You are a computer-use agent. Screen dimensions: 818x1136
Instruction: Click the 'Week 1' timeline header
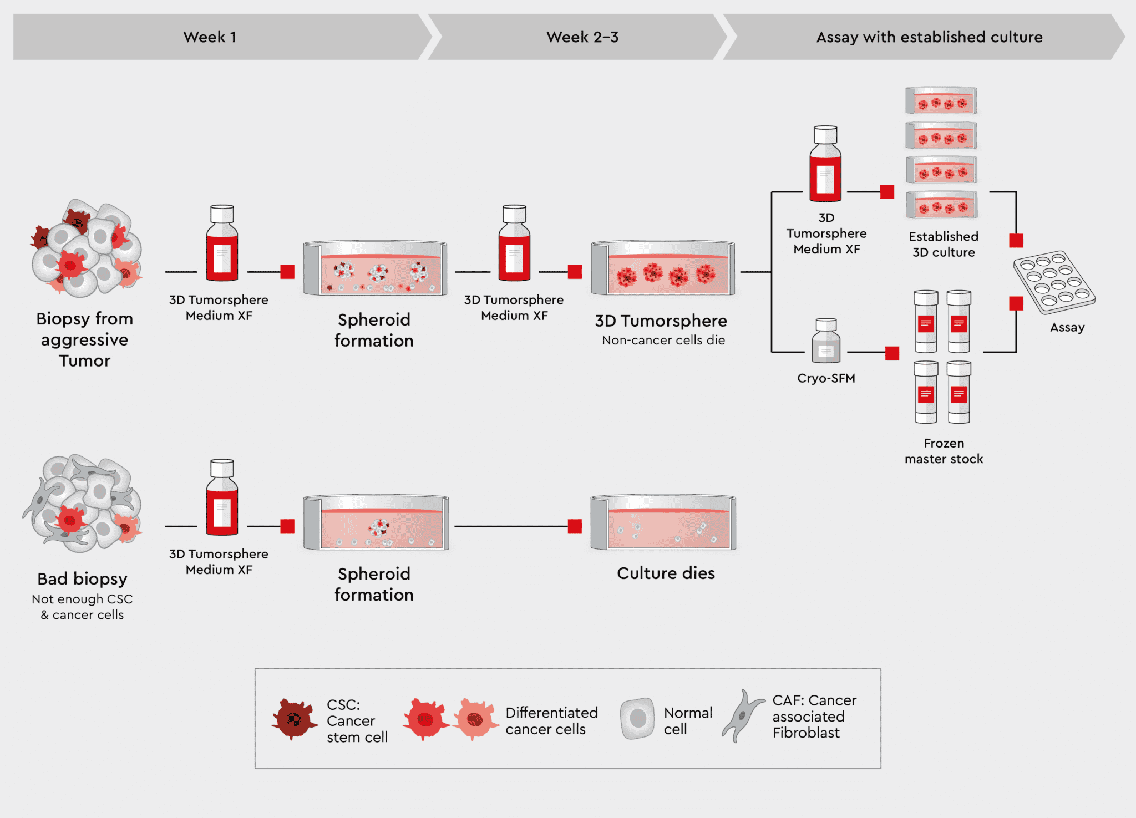210,37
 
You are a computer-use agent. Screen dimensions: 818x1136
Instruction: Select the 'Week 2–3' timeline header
582,37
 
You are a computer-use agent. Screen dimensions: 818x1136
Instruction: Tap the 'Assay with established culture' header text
929,37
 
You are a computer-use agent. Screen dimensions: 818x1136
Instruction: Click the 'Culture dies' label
666,573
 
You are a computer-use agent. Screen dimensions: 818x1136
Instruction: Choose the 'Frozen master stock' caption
944,451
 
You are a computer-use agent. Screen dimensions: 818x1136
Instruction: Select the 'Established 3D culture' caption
943,244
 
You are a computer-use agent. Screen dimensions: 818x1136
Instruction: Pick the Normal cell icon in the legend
637,719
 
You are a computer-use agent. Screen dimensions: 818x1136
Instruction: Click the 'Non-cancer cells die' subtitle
663,340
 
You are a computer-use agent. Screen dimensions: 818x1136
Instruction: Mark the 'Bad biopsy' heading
82,578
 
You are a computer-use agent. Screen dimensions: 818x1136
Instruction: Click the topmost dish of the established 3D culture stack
941,100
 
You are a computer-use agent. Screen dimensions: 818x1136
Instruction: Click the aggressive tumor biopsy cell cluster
86,249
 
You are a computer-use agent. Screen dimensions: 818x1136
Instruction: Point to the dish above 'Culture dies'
663,522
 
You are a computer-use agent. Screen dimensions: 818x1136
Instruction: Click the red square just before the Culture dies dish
575,526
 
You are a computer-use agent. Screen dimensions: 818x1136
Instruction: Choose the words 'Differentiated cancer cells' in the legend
551,720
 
